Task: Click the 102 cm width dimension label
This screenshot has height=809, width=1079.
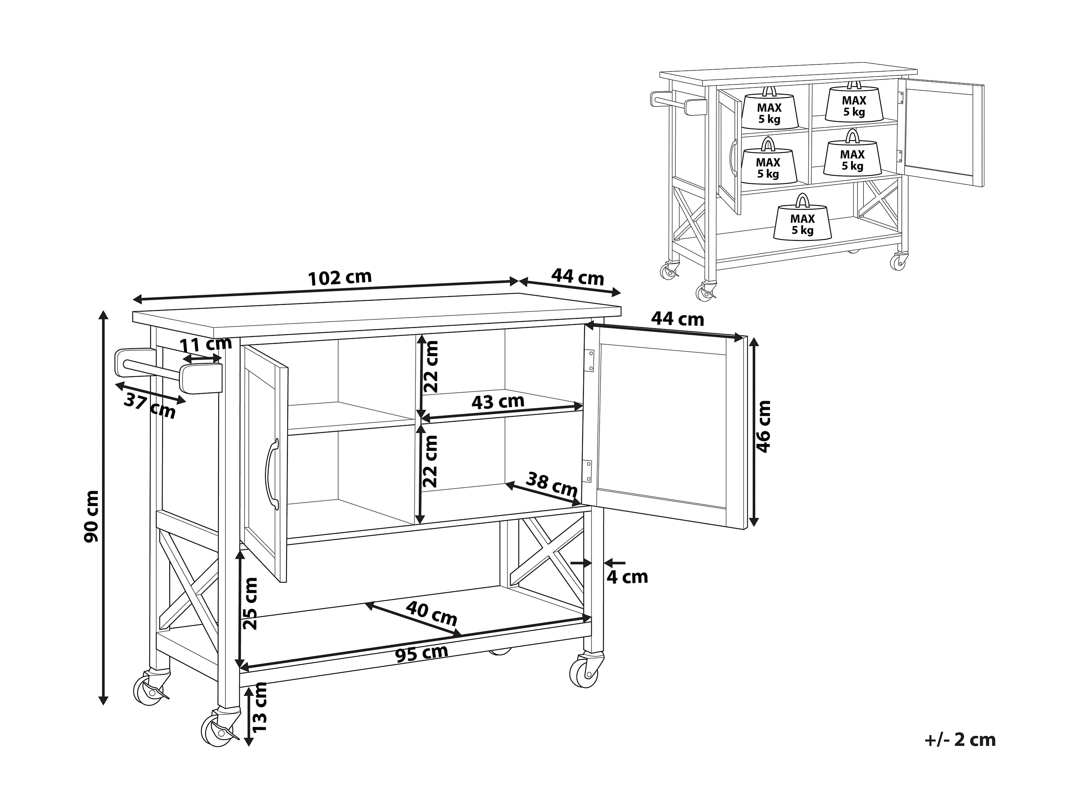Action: (340, 277)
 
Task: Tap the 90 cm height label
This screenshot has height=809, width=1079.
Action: (91, 516)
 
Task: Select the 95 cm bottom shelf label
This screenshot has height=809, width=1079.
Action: (421, 653)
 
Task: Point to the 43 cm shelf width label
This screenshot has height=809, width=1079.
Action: (497, 402)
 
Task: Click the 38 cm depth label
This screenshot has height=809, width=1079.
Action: (551, 484)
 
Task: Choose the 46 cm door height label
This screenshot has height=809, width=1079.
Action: (763, 426)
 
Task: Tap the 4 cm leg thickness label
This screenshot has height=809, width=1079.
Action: (627, 577)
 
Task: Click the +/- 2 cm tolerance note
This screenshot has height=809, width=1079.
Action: (959, 740)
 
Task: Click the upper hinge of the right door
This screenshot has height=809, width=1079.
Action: (589, 360)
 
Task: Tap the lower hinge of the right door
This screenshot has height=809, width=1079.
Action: (588, 471)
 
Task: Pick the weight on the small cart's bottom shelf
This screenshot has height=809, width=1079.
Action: (802, 220)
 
